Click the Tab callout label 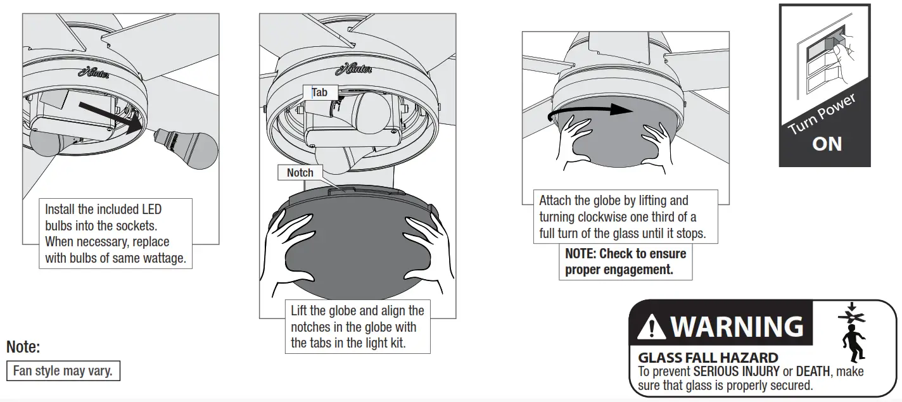tap(320, 92)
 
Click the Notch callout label tap(300, 172)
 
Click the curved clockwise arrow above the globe tap(590, 111)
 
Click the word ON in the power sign tap(827, 144)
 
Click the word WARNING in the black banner tap(737, 327)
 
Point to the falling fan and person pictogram tap(852, 332)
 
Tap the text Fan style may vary tap(63, 371)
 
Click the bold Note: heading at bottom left tap(23, 347)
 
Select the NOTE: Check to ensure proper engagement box tap(625, 261)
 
